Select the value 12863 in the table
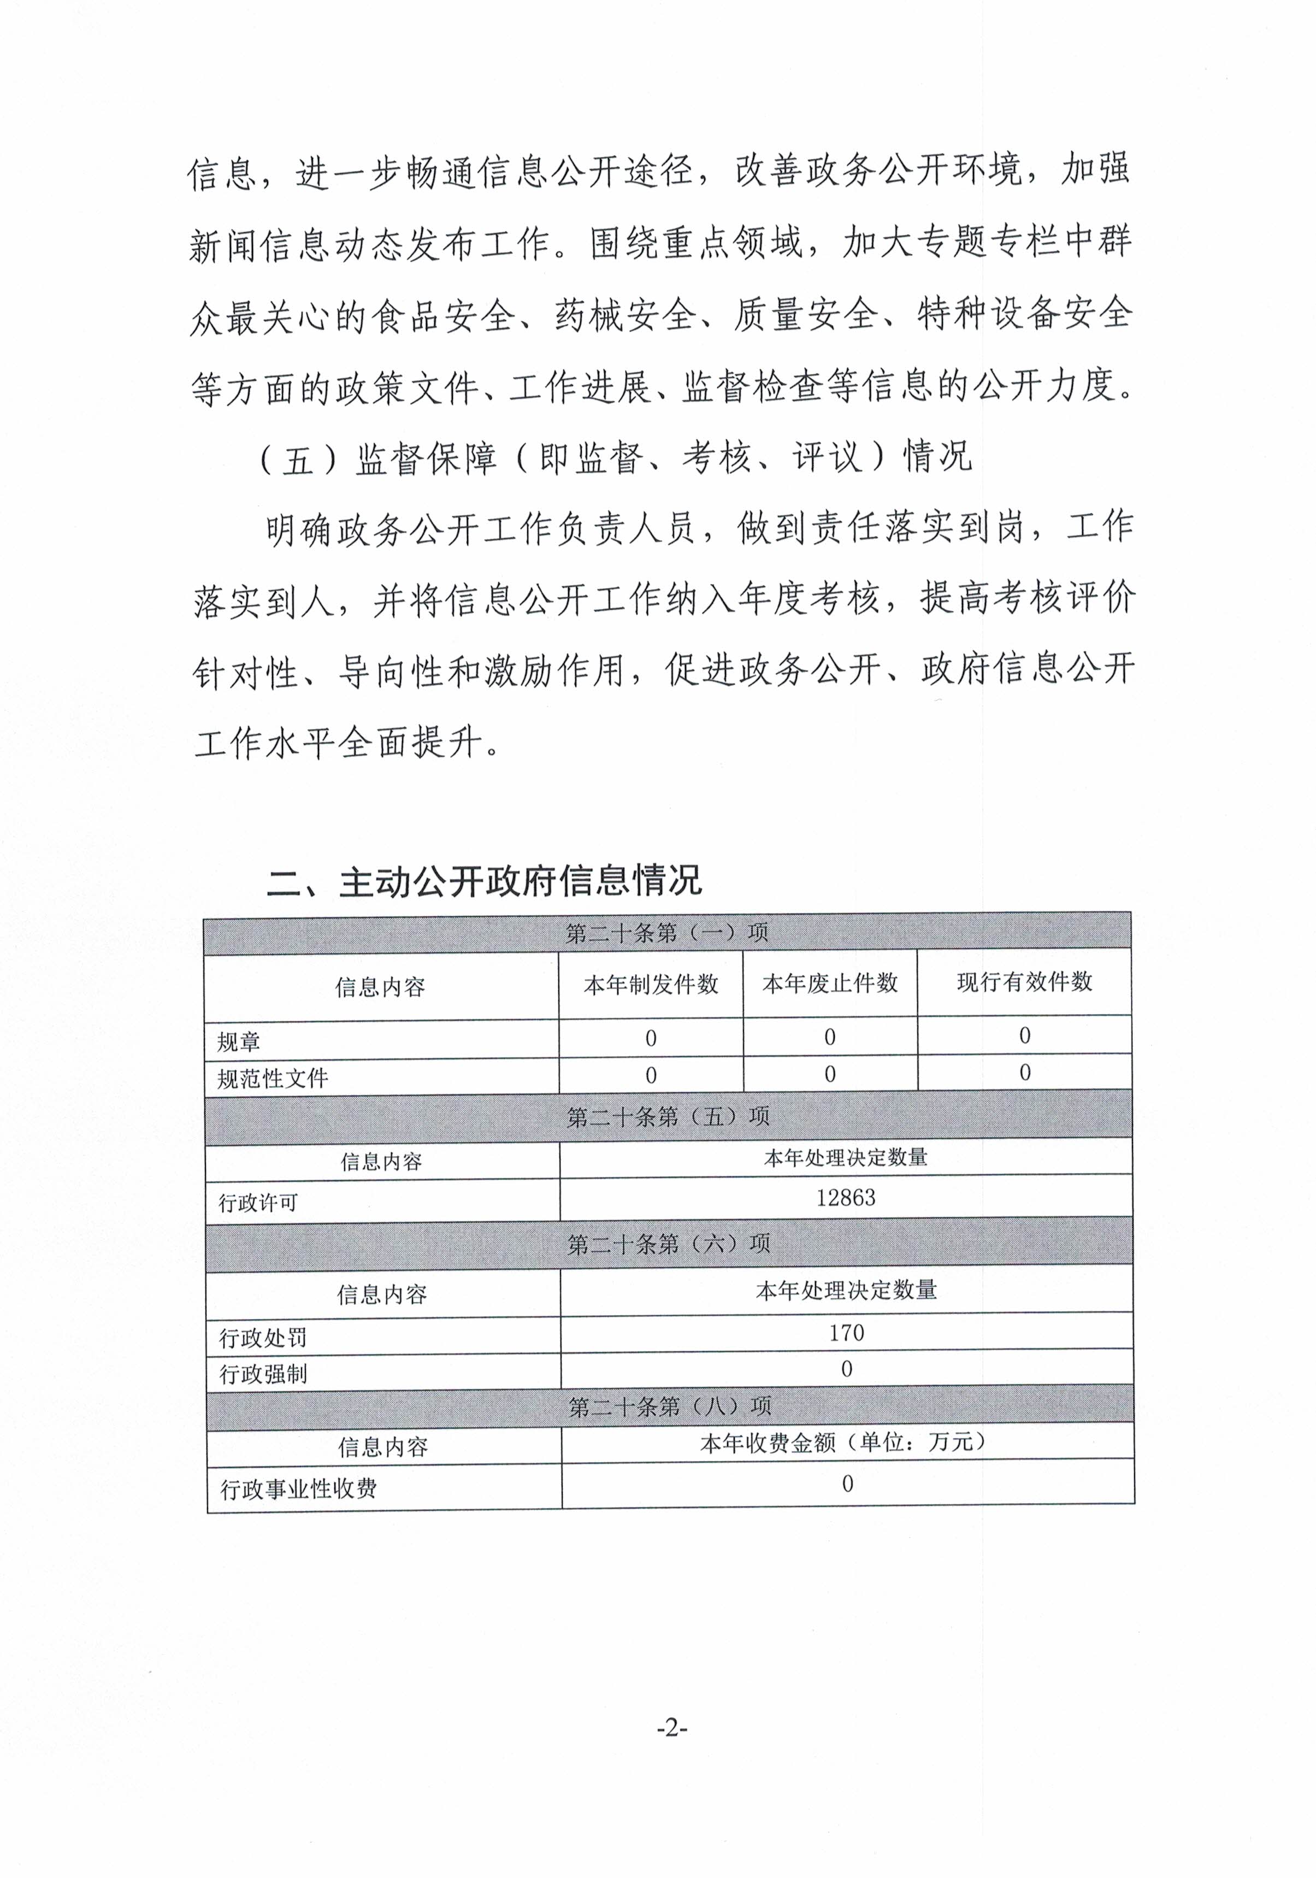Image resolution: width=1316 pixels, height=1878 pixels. click(x=846, y=1198)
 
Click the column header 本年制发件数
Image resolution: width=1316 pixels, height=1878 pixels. click(x=651, y=985)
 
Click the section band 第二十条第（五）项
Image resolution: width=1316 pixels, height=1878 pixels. click(x=668, y=1116)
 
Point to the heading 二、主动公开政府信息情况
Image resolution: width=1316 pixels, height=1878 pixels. click(x=484, y=881)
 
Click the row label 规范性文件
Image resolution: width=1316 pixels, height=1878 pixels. click(x=273, y=1078)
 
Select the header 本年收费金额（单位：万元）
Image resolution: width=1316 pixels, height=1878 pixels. click(x=847, y=1442)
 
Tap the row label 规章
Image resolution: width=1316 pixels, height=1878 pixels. click(x=239, y=1041)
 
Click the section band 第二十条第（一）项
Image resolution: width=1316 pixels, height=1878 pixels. click(x=668, y=933)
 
